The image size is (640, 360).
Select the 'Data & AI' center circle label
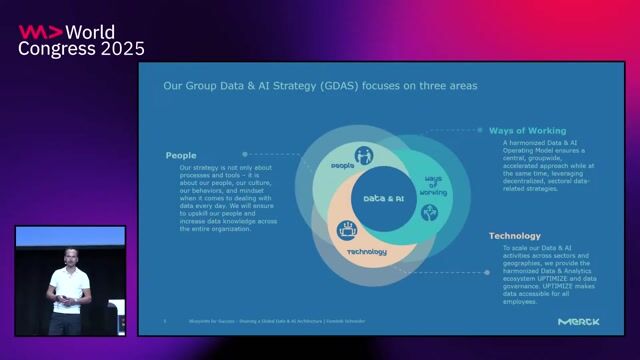[383, 198]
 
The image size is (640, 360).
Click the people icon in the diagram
[365, 155]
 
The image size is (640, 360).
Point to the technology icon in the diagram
[349, 228]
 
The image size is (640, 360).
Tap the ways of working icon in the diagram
[429, 212]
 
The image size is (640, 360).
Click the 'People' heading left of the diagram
[181, 155]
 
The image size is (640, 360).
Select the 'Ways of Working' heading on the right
[527, 130]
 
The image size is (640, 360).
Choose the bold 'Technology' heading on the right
[514, 236]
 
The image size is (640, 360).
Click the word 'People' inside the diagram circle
[342, 165]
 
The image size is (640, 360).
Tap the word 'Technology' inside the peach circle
[367, 252]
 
